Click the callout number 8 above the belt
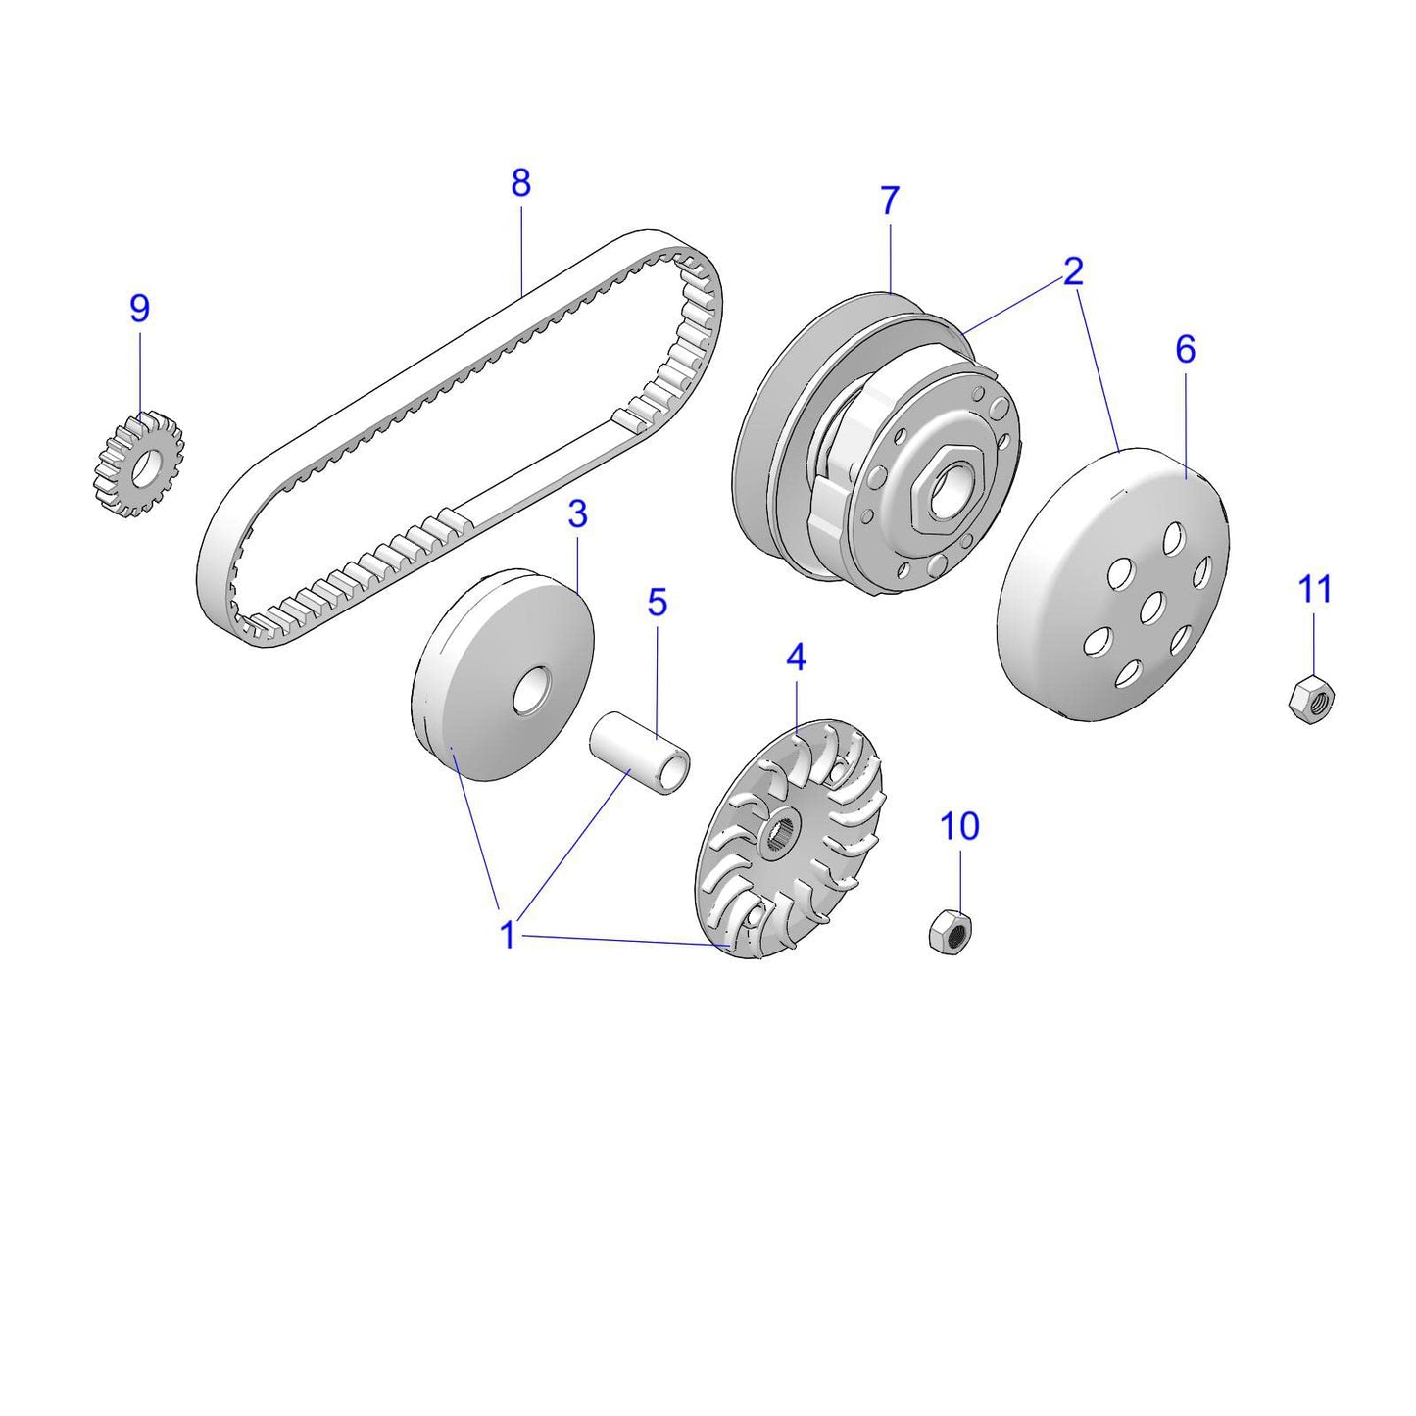[x=520, y=183]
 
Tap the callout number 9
[x=140, y=309]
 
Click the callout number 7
[x=889, y=201]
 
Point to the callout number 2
[x=1073, y=271]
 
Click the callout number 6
[x=1185, y=349]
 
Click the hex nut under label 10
[x=950, y=931]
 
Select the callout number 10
[x=959, y=827]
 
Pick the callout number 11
[x=1315, y=590]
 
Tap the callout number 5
[x=657, y=603]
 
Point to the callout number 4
[x=796, y=658]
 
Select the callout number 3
[x=577, y=513]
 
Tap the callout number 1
[x=508, y=935]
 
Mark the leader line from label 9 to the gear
[x=140, y=372]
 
